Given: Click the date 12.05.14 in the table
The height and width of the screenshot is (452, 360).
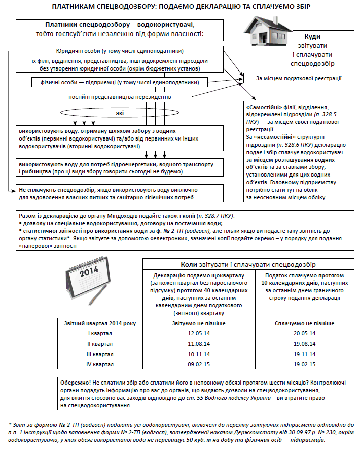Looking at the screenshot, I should tap(199, 333).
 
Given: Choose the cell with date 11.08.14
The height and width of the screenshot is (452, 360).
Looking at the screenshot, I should tap(199, 343).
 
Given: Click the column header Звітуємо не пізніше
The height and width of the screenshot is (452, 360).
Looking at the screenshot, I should tap(199, 323).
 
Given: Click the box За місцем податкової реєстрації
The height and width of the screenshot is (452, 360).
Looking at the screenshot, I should tap(298, 79).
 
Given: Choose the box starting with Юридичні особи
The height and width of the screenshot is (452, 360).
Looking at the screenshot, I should tap(120, 51).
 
